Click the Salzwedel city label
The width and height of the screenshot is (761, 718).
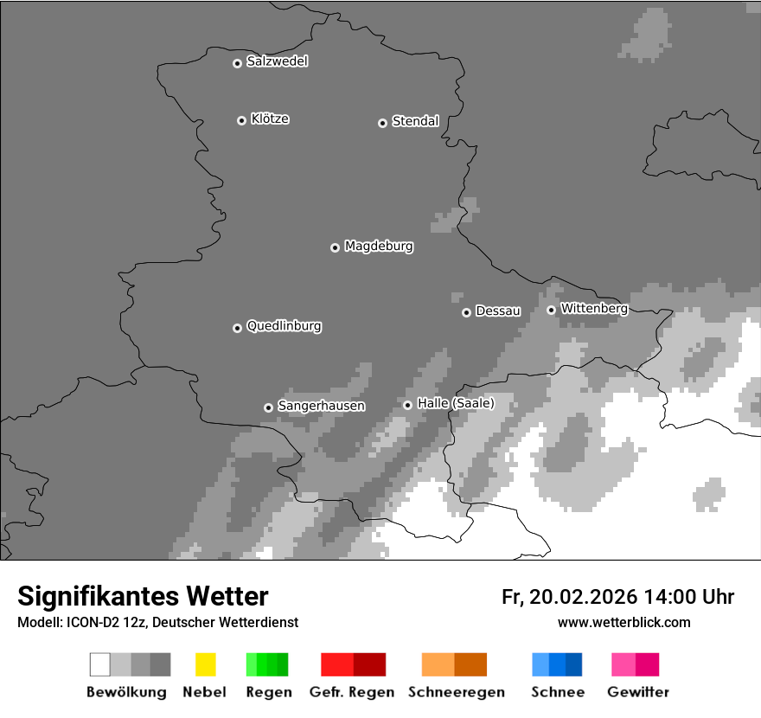coord(277,61)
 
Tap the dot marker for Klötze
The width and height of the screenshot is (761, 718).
coord(241,120)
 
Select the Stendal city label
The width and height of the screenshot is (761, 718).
coord(415,121)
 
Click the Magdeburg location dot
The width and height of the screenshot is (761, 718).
coord(335,247)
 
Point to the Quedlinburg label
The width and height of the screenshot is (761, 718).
coord(284,326)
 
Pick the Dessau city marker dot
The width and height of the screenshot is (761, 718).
coord(466,312)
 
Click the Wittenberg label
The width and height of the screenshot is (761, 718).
coord(593,308)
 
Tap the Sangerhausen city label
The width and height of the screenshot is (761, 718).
coord(321,406)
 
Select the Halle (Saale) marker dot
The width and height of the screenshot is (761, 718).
coord(407,405)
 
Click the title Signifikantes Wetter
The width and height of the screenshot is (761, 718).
coord(143,597)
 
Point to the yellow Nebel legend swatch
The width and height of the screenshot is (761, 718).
coord(205,664)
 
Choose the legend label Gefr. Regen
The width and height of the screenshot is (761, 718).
coord(351,692)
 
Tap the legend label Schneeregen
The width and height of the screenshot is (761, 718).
coord(456,692)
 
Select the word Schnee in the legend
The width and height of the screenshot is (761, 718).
coord(557,692)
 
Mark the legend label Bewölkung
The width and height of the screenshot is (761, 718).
coord(126,692)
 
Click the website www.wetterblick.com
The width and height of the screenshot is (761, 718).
coord(624,622)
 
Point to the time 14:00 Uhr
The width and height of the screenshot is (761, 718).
coord(689,597)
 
